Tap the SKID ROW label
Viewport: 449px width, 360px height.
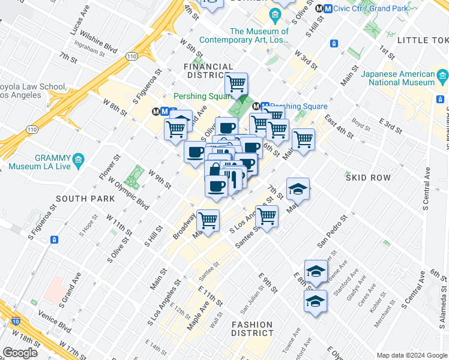(368, 178)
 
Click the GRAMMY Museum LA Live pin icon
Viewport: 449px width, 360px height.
(78, 160)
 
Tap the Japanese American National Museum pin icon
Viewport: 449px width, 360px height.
(443, 77)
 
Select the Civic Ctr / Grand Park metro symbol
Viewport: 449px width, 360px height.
(327, 9)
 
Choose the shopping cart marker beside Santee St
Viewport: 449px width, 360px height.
(267, 215)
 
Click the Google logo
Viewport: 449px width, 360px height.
(20, 353)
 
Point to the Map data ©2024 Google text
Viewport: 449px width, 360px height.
(411, 355)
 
